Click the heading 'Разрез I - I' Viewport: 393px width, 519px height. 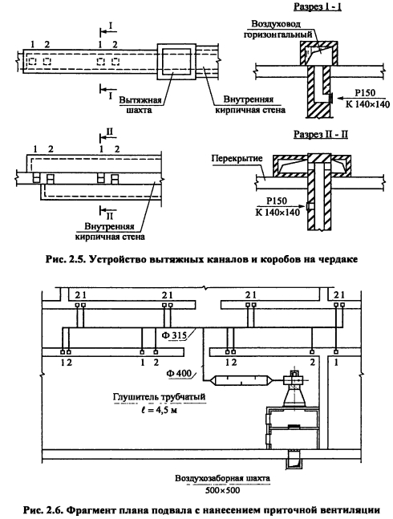click(x=318, y=6)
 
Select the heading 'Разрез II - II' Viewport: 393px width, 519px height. click(x=321, y=135)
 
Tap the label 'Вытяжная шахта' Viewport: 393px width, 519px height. click(x=140, y=105)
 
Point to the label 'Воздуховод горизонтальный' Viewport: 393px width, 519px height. click(x=278, y=29)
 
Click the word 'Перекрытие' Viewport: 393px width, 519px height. click(x=237, y=158)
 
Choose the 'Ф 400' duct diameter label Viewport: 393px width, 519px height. click(x=180, y=373)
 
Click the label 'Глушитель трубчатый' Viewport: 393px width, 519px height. click(x=159, y=396)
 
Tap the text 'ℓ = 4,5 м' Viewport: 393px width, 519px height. click(x=158, y=411)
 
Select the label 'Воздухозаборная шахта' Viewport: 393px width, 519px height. click(x=222, y=478)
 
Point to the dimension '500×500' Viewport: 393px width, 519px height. click(x=222, y=490)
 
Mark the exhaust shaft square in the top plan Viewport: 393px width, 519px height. click(x=176, y=61)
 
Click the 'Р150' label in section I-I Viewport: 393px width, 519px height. click(x=365, y=94)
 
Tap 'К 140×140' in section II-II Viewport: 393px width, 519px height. click(x=278, y=212)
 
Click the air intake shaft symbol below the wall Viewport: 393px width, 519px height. click(x=294, y=460)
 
